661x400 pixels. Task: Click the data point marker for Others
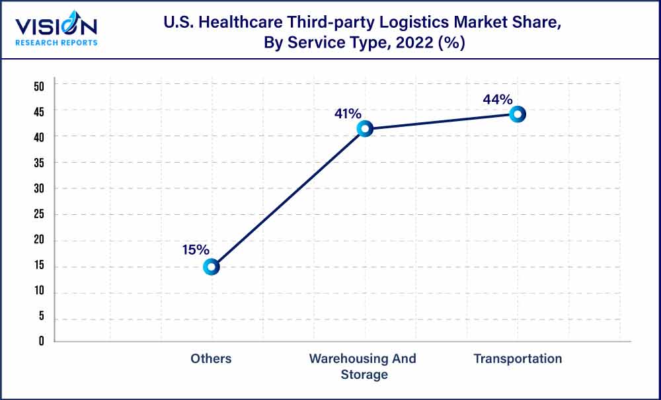[x=211, y=267]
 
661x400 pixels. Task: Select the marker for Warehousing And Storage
[x=364, y=129]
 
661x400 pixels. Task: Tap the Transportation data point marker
[x=518, y=114]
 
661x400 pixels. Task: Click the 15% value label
[x=196, y=250]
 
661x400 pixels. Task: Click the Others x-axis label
[x=211, y=359]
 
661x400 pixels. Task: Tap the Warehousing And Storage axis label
[x=363, y=366]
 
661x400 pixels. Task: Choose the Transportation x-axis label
[x=518, y=359]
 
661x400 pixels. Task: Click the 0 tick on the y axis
[x=41, y=341]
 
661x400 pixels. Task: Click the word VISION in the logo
[x=56, y=27]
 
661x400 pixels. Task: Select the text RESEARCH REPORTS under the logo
[x=56, y=42]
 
